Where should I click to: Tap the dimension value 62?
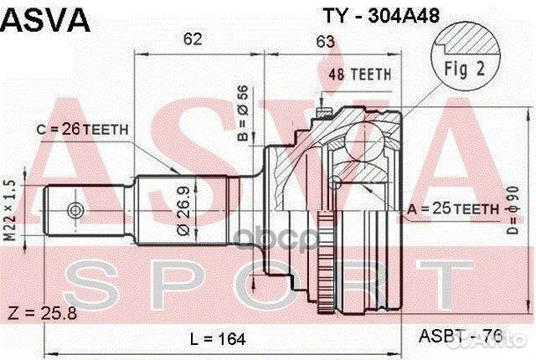tap(193, 38)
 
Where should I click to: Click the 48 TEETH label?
tap(359, 75)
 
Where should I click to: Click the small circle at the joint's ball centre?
tap(336, 183)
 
